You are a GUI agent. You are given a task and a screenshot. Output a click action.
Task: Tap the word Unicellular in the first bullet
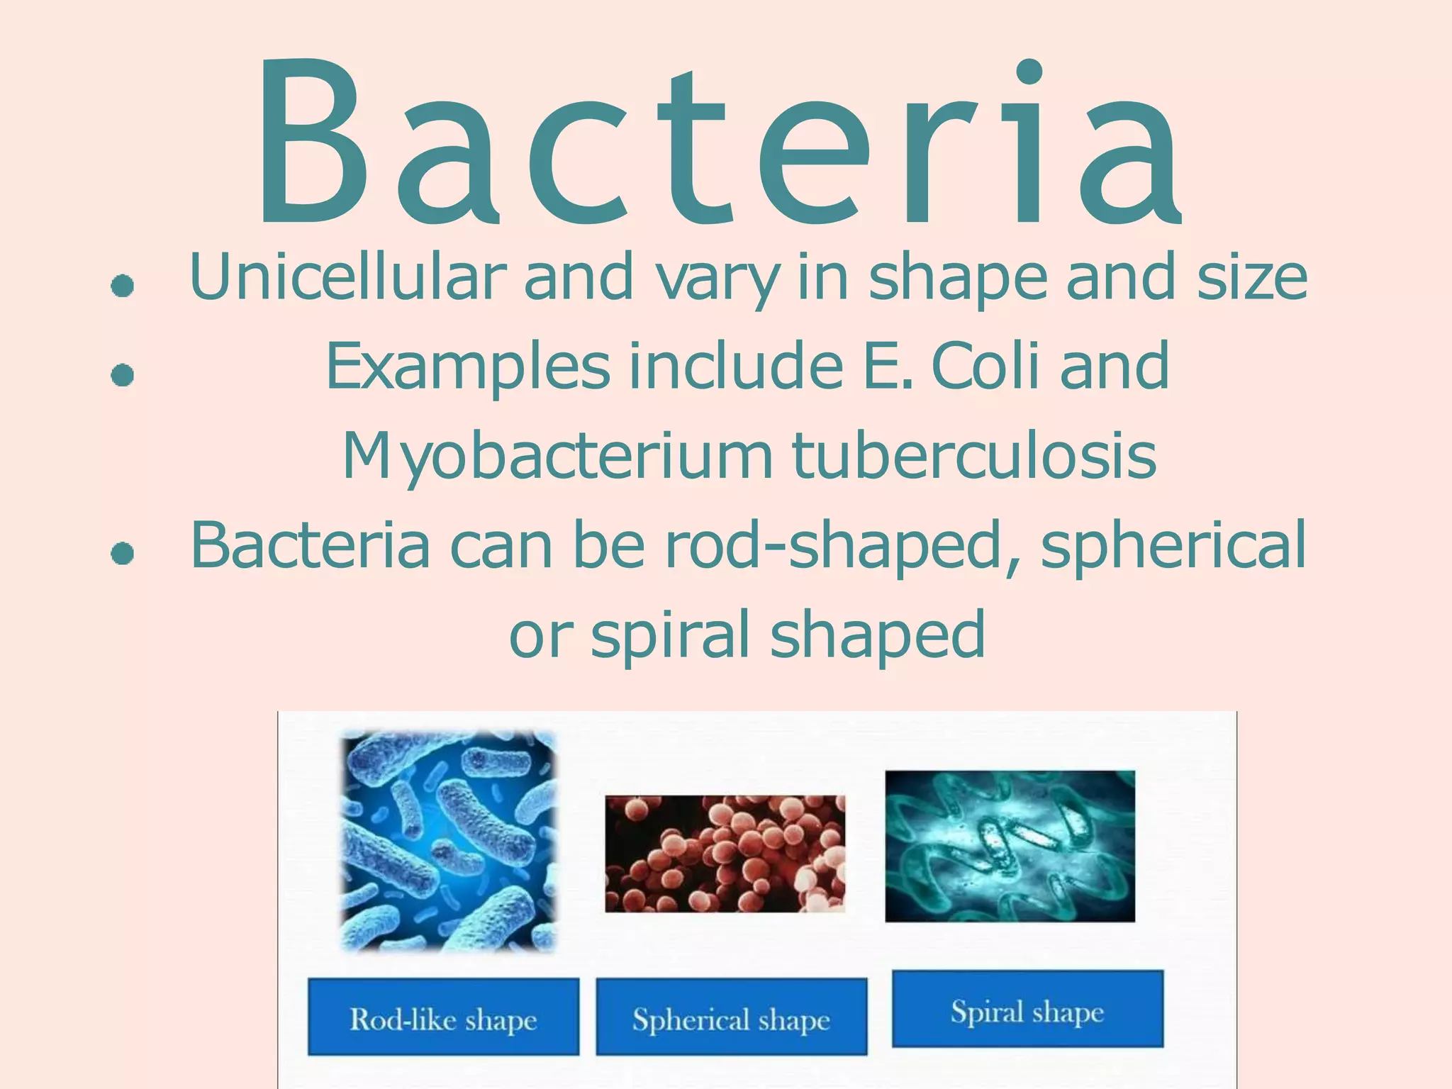tap(348, 277)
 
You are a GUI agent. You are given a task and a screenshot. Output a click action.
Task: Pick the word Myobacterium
tap(557, 456)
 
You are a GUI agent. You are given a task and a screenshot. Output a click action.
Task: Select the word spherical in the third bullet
tap(1173, 545)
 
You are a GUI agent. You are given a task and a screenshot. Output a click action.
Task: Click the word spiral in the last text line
tap(670, 635)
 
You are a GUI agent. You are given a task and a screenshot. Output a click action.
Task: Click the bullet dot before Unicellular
tap(123, 286)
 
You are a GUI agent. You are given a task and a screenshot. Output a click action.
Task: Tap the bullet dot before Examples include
tap(123, 375)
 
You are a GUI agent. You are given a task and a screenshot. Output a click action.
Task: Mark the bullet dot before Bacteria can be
tap(123, 554)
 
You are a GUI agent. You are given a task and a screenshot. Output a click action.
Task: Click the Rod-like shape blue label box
tap(443, 1017)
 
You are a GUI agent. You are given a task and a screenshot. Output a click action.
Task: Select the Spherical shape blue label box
tap(731, 1017)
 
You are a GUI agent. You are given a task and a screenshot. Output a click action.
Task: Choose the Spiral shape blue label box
tap(1027, 1009)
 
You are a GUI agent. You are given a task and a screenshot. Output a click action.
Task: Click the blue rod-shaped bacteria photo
tap(449, 841)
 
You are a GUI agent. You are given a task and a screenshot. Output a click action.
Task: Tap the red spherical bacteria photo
tap(725, 854)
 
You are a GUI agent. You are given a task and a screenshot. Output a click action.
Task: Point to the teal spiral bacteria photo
tap(1010, 846)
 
